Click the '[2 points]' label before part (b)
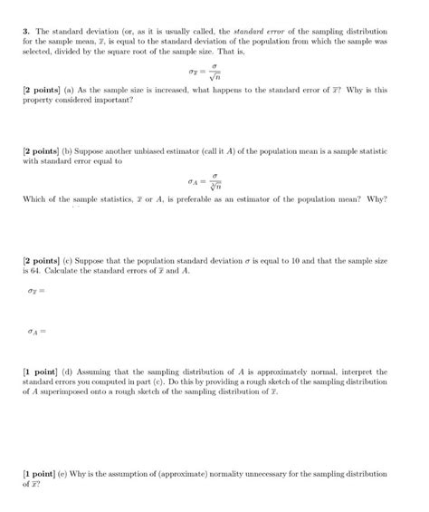[41, 155]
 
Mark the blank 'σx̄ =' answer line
[33, 290]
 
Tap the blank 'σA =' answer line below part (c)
[35, 331]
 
